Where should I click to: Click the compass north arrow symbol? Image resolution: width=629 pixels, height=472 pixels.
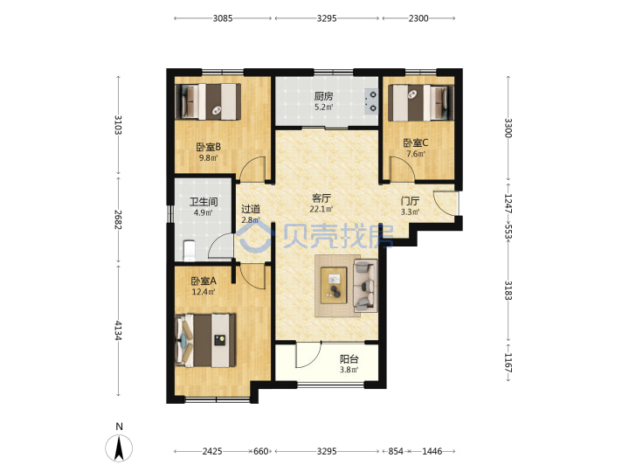click(x=119, y=448)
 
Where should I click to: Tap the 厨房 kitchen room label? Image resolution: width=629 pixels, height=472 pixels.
click(x=323, y=96)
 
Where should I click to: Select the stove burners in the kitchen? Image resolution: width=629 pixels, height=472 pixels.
click(x=371, y=101)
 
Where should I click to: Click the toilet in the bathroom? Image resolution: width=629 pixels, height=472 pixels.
click(x=189, y=251)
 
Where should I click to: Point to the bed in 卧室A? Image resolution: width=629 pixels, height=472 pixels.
click(x=205, y=340)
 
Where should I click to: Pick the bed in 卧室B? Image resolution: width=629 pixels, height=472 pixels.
click(x=208, y=101)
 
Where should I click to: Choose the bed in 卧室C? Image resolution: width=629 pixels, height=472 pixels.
click(x=421, y=103)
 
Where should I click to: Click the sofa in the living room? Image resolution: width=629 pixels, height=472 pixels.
click(x=365, y=285)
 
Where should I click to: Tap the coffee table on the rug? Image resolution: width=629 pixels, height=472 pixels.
click(x=334, y=285)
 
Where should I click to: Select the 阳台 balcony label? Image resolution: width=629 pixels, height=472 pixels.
click(x=349, y=359)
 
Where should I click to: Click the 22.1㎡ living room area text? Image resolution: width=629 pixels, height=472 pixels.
click(x=321, y=209)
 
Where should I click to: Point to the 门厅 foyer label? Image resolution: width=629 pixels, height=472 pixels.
click(x=410, y=201)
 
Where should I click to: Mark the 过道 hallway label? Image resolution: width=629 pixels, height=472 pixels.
click(x=251, y=209)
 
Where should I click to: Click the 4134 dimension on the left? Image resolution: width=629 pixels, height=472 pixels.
click(x=118, y=330)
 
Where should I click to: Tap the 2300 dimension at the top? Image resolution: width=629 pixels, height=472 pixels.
click(x=418, y=18)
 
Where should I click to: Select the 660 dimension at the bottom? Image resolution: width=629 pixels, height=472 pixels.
click(x=260, y=451)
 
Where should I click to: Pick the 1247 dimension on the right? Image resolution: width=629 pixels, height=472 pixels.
click(x=508, y=204)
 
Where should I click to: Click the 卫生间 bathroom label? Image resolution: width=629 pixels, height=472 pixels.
click(x=204, y=202)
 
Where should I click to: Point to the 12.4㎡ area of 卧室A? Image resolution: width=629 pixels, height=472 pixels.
click(x=204, y=292)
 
